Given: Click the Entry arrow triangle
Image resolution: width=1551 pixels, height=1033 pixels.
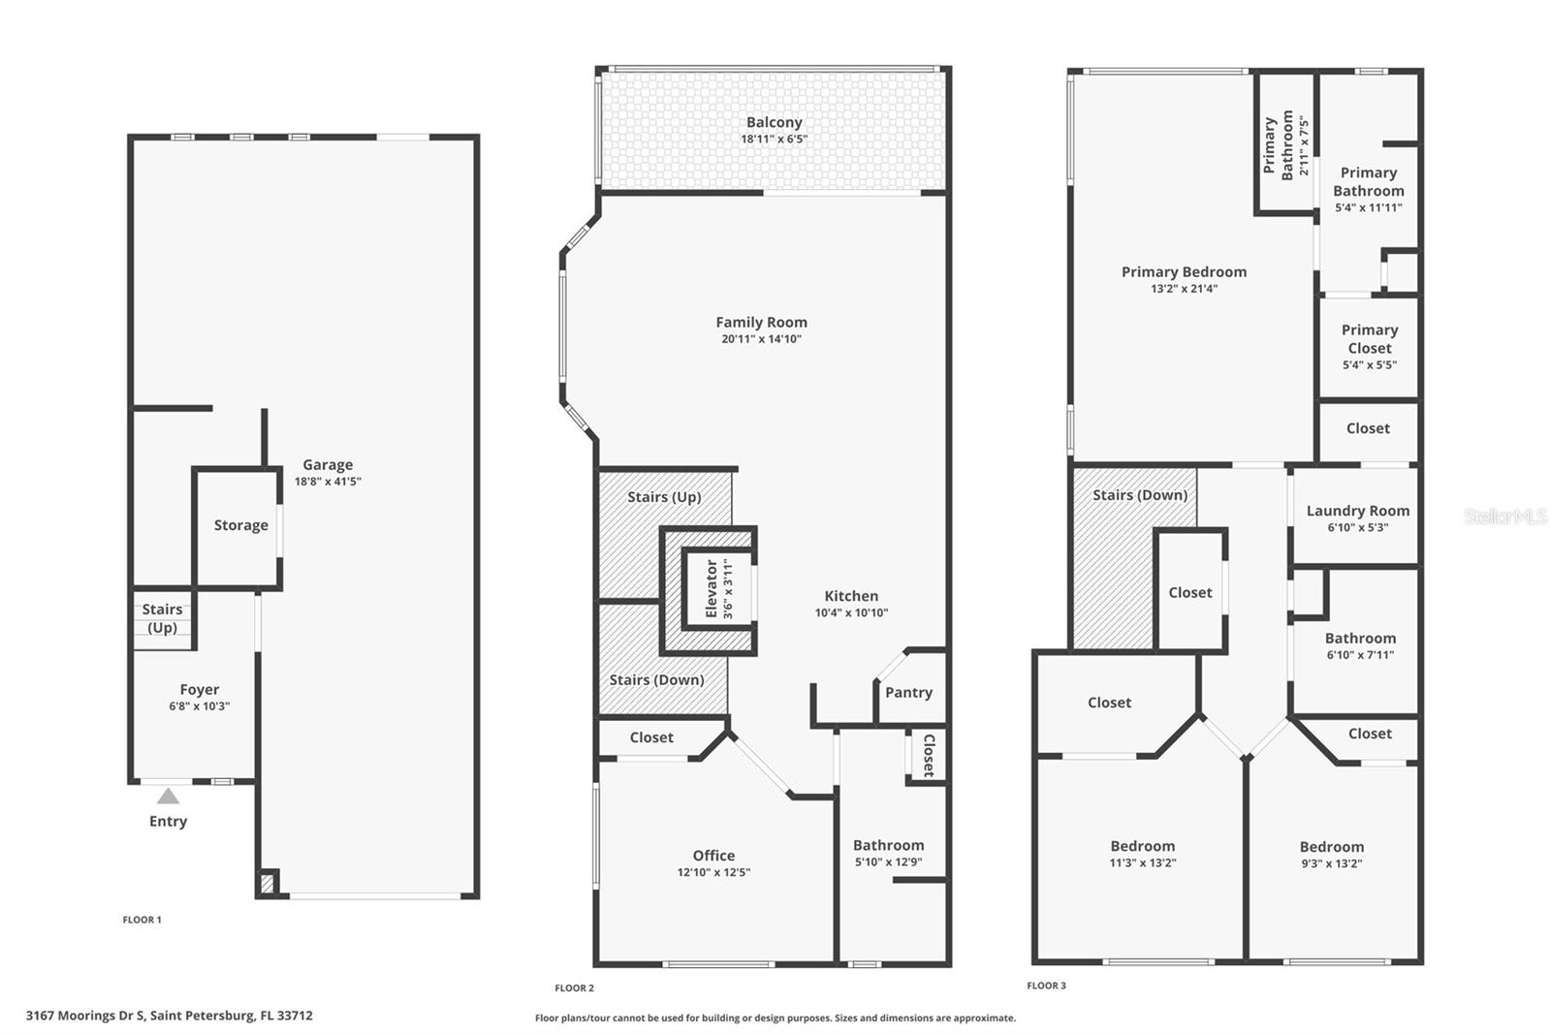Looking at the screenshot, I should pyautogui.click(x=169, y=797).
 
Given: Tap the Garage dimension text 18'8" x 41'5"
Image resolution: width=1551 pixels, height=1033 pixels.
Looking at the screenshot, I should pyautogui.click(x=328, y=482).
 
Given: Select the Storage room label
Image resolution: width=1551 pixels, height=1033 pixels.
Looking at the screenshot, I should pyautogui.click(x=240, y=525).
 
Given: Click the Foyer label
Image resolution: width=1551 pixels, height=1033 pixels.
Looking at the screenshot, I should pyautogui.click(x=199, y=690).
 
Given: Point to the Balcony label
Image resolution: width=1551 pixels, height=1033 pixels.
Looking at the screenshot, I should pyautogui.click(x=774, y=123).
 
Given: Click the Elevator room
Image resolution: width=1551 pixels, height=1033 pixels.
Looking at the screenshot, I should pyautogui.click(x=718, y=589).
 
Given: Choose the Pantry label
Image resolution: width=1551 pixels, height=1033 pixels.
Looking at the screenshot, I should pyautogui.click(x=908, y=693).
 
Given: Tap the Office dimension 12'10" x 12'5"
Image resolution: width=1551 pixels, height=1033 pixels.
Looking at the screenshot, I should pyautogui.click(x=713, y=872).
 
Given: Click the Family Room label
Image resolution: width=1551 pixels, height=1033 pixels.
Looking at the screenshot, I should pyautogui.click(x=761, y=323).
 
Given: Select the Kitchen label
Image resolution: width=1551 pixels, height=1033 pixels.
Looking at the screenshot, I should pyautogui.click(x=851, y=597).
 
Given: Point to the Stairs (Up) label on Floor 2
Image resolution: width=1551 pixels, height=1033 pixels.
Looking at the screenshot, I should pyautogui.click(x=664, y=497).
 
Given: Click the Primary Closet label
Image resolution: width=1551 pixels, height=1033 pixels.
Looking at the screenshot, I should pyautogui.click(x=1369, y=339).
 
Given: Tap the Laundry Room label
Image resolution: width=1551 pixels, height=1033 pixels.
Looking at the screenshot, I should pyautogui.click(x=1357, y=511).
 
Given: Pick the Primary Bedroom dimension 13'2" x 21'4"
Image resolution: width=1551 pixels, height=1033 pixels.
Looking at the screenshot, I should pyautogui.click(x=1184, y=289).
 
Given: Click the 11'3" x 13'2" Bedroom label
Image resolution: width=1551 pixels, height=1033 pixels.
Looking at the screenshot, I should pyautogui.click(x=1142, y=847).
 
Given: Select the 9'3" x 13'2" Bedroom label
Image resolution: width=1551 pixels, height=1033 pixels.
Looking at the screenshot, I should pyautogui.click(x=1331, y=847).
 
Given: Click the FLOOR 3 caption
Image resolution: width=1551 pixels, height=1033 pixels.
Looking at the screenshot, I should pyautogui.click(x=1046, y=986).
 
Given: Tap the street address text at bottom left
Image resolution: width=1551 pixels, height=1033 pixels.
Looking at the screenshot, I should pyautogui.click(x=169, y=1016).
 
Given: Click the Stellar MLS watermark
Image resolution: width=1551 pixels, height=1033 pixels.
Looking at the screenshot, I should pyautogui.click(x=1504, y=517).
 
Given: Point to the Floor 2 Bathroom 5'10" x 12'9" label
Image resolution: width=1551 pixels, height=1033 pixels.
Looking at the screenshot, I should pyautogui.click(x=888, y=846).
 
